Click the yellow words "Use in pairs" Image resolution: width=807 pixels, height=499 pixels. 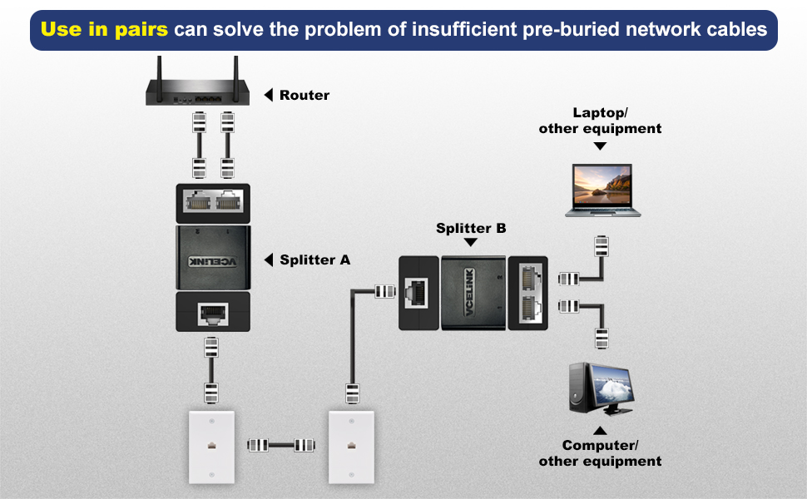104,30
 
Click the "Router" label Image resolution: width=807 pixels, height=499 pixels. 304,95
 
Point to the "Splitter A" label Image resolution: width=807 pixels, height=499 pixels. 314,260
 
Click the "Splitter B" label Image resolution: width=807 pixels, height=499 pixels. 471,228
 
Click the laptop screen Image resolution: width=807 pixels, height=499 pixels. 602,185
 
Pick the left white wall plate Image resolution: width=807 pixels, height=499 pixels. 209,446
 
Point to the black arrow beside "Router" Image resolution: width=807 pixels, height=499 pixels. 269,95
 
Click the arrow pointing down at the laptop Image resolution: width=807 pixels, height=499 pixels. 600,146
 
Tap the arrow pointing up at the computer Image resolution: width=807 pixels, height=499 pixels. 600,431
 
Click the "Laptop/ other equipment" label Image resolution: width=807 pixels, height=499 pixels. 600,121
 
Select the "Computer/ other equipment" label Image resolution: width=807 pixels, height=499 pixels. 600,453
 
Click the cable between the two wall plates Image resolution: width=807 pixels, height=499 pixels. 282,446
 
